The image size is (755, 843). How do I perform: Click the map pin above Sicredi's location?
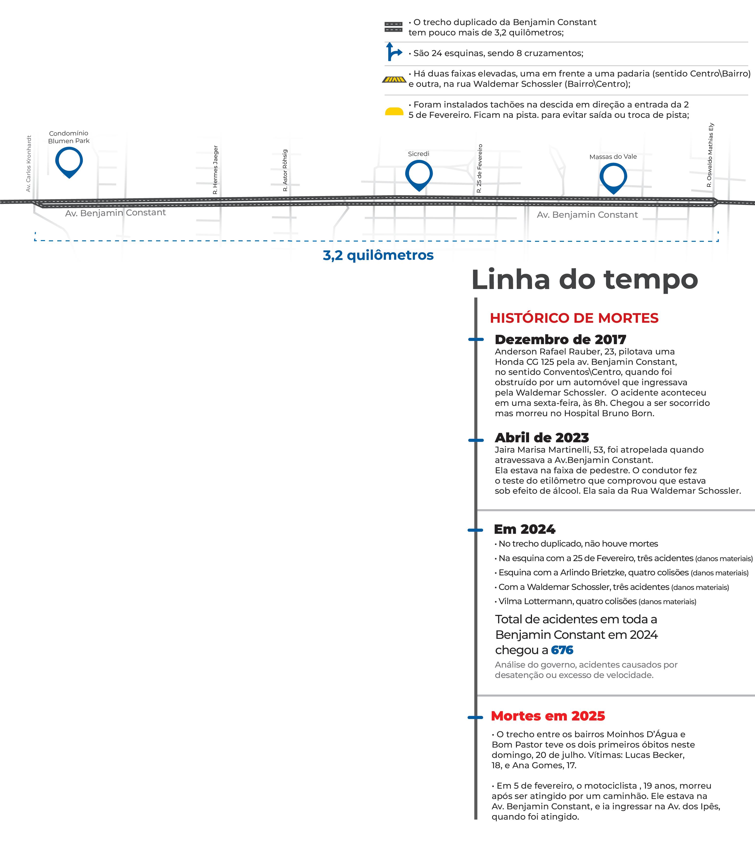tap(419, 174)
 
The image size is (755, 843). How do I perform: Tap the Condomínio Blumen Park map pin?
tap(69, 161)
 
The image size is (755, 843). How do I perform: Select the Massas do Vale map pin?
tap(613, 177)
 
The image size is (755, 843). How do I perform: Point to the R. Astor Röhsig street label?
tap(285, 170)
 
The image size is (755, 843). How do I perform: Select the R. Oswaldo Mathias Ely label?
tap(710, 155)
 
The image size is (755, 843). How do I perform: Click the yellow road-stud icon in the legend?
tap(394, 111)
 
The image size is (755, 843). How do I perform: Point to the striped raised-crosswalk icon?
tap(394, 79)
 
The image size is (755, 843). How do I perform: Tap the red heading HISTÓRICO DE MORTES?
tap(574, 318)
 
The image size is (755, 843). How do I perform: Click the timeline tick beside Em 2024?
tap(475, 530)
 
